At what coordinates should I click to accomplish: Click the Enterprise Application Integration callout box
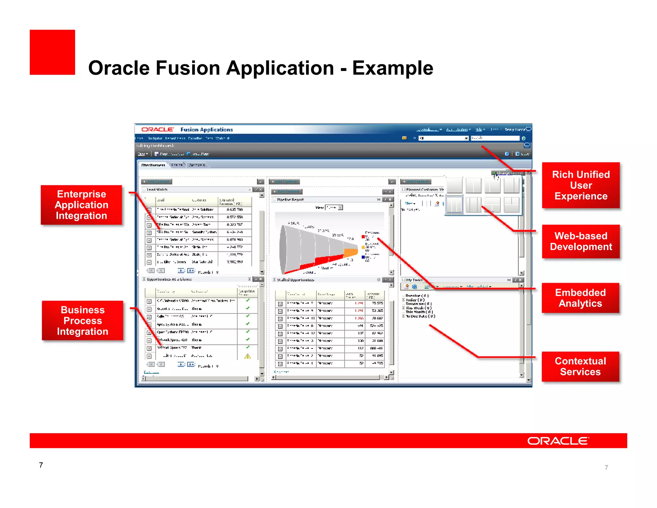pyautogui.click(x=81, y=205)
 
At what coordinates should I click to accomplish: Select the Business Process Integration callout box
pyautogui.click(x=82, y=320)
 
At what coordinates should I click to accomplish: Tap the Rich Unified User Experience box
pyautogui.click(x=581, y=185)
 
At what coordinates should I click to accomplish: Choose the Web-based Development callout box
pyautogui.click(x=581, y=241)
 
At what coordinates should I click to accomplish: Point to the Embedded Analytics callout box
pyautogui.click(x=580, y=298)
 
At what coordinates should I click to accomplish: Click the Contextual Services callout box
pyautogui.click(x=580, y=366)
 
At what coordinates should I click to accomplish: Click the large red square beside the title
pyautogui.click(x=52, y=52)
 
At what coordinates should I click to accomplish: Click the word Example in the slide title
pyautogui.click(x=393, y=68)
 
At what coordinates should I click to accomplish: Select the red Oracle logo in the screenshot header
pyautogui.click(x=157, y=129)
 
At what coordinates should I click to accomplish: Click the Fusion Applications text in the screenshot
pyautogui.click(x=207, y=130)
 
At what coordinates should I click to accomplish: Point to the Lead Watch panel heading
pyautogui.click(x=157, y=190)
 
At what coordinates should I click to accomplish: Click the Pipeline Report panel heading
pyautogui.click(x=290, y=200)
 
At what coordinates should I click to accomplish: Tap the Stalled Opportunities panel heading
pyautogui.click(x=295, y=280)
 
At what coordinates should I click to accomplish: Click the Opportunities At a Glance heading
pyautogui.click(x=169, y=279)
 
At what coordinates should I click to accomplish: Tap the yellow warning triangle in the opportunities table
pyautogui.click(x=247, y=356)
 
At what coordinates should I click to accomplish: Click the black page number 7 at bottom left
pyautogui.click(x=41, y=465)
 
